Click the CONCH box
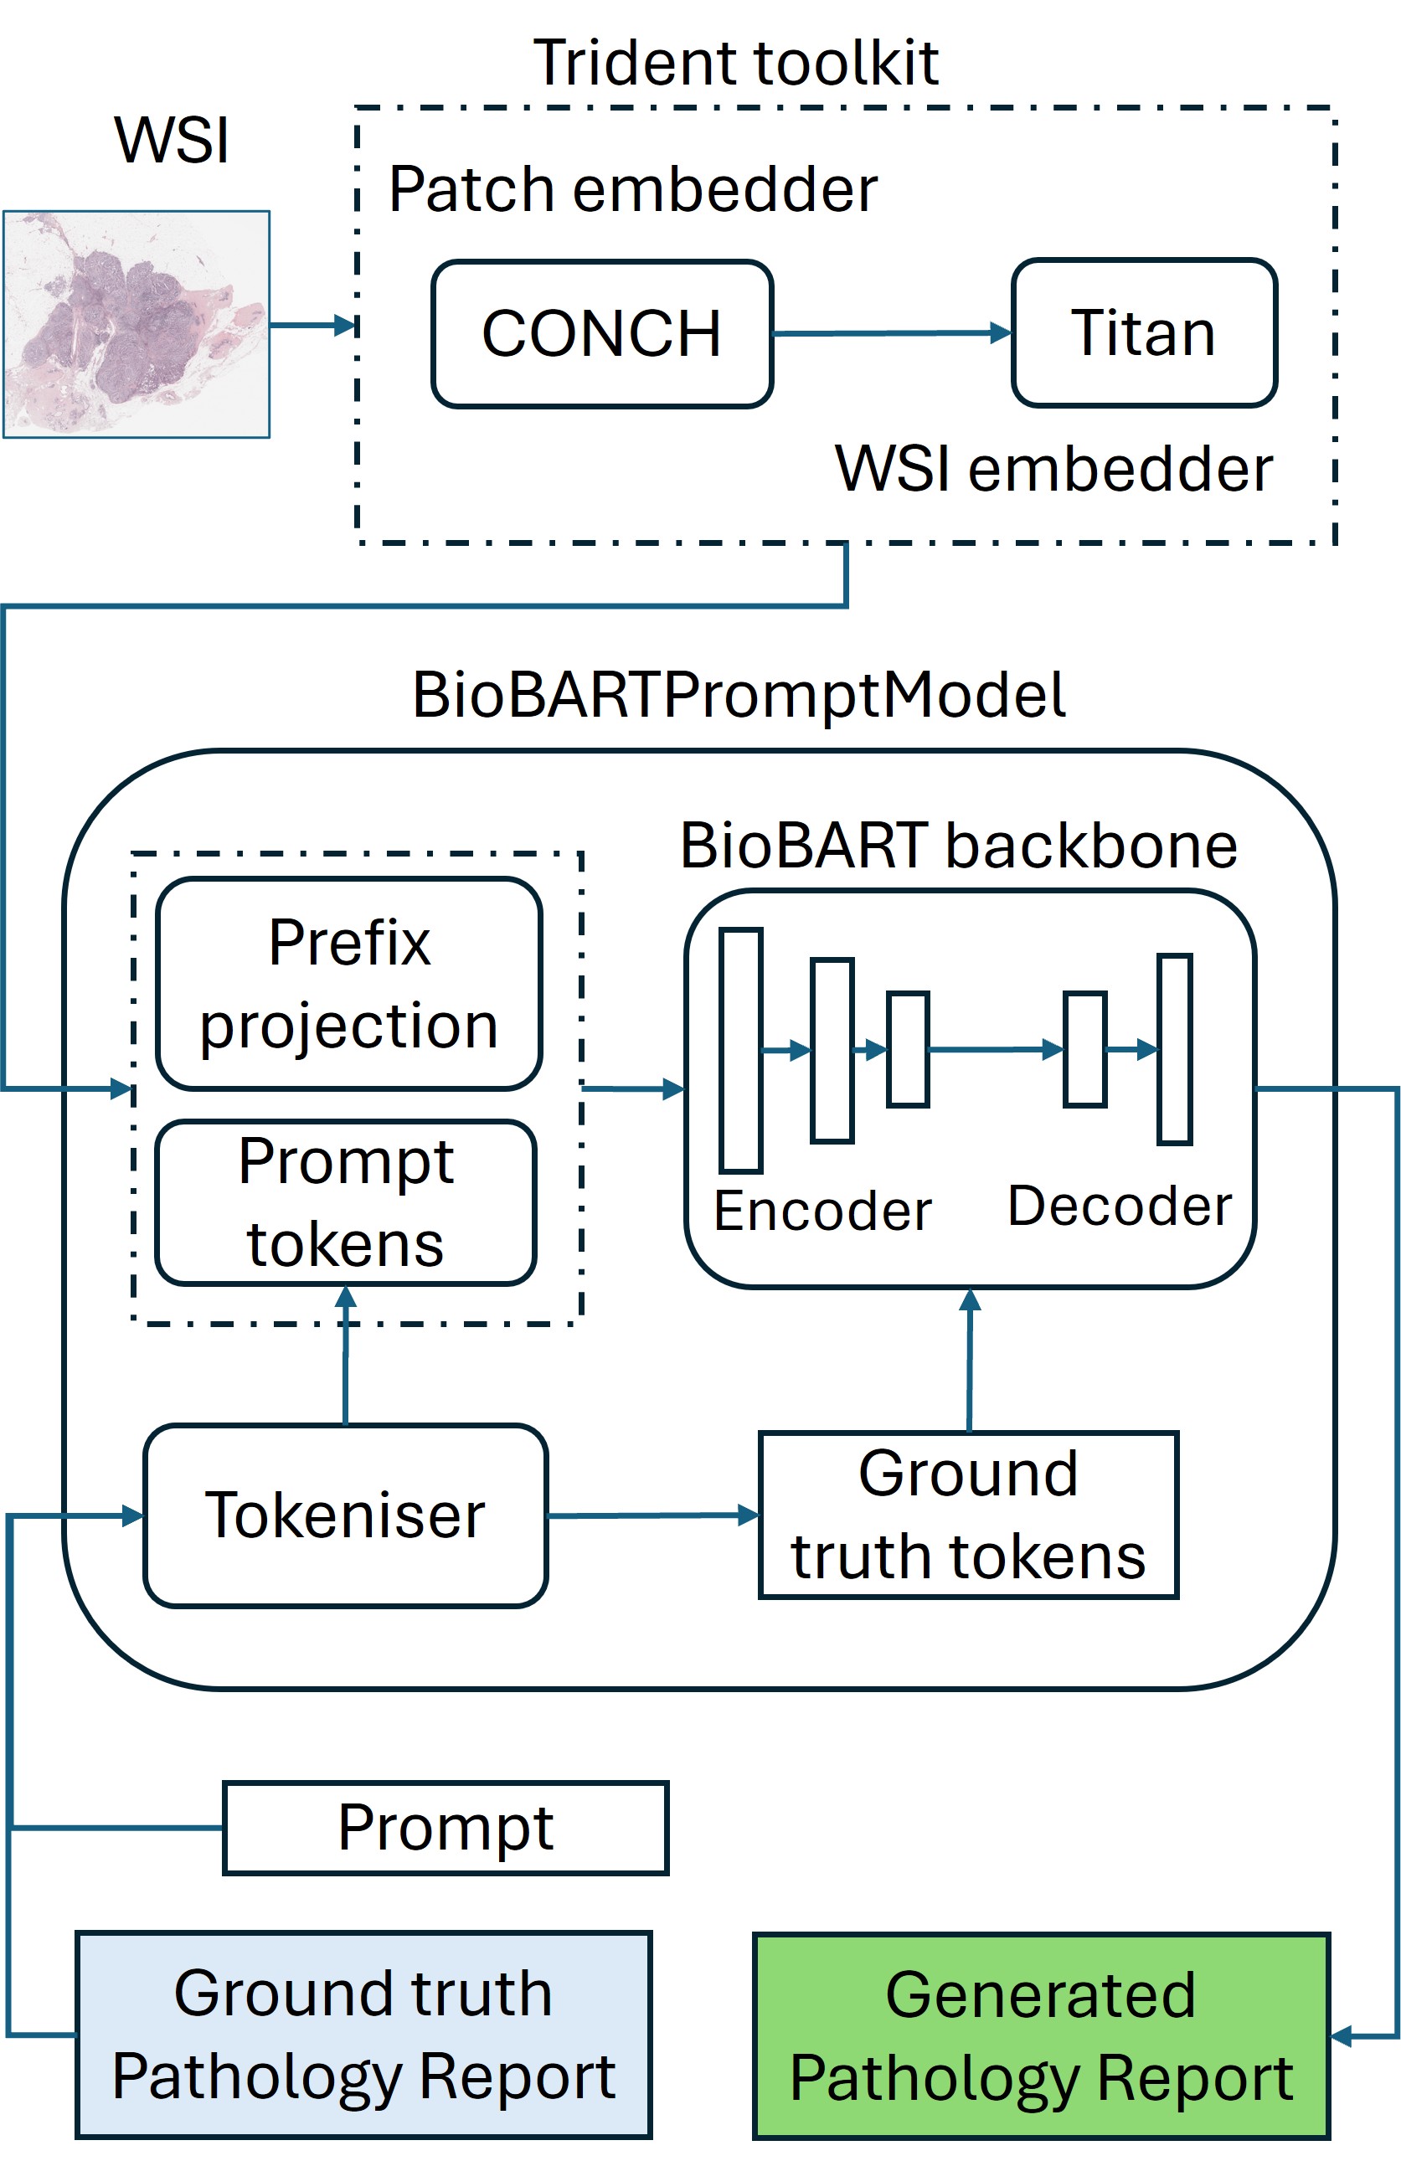pyautogui.click(x=602, y=333)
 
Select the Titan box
pyautogui.click(x=1144, y=332)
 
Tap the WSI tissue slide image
pyautogui.click(x=136, y=324)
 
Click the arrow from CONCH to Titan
pyautogui.click(x=892, y=333)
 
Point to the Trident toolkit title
pyautogui.click(x=735, y=63)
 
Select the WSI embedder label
pyautogui.click(x=1053, y=469)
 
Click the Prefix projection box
pyautogui.click(x=348, y=983)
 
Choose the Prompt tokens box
pyautogui.click(x=346, y=1202)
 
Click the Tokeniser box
pyautogui.click(x=345, y=1515)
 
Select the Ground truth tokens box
pyautogui.click(x=968, y=1515)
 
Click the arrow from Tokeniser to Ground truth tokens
pyautogui.click(x=653, y=1515)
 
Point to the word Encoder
pyautogui.click(x=822, y=1211)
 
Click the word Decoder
pyautogui.click(x=1120, y=1206)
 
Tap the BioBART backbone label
pyautogui.click(x=959, y=846)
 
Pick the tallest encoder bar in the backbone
pyautogui.click(x=741, y=1051)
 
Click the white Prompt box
pyautogui.click(x=446, y=1828)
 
